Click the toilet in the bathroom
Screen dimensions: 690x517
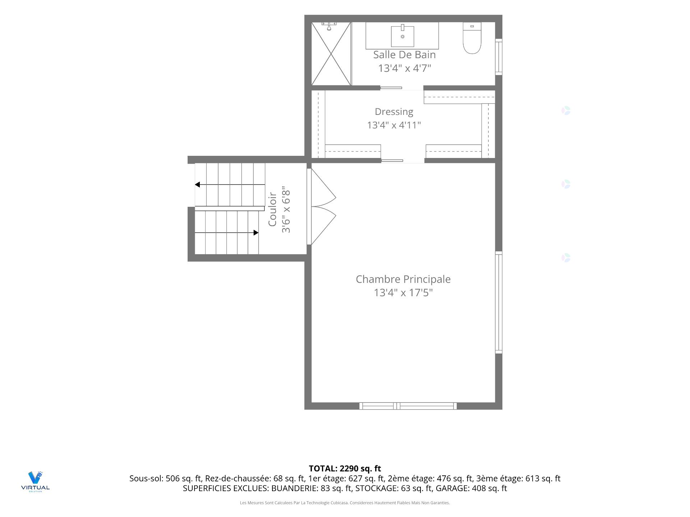pyautogui.click(x=472, y=38)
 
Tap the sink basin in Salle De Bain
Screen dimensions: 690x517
pyautogui.click(x=402, y=36)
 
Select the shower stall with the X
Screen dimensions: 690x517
pyautogui.click(x=331, y=54)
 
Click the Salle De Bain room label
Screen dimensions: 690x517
pyautogui.click(x=404, y=55)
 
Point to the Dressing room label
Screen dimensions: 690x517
pyautogui.click(x=394, y=112)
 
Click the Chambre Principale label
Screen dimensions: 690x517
pyautogui.click(x=403, y=279)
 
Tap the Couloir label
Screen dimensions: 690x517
pyautogui.click(x=272, y=209)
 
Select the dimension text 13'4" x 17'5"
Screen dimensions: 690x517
pyautogui.click(x=403, y=293)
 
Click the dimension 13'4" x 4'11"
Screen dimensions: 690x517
pyautogui.click(x=394, y=125)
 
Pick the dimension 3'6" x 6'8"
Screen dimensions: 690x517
pyautogui.click(x=286, y=209)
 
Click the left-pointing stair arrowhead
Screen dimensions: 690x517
pyautogui.click(x=197, y=185)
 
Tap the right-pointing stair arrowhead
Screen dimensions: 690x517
pyautogui.click(x=256, y=233)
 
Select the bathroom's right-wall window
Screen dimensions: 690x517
pyautogui.click(x=498, y=57)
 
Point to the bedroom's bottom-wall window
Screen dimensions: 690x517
pyautogui.click(x=408, y=406)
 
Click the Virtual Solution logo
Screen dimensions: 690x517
pyautogui.click(x=35, y=481)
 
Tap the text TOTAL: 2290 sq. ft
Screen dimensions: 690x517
pyautogui.click(x=345, y=469)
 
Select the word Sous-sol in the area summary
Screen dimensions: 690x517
pyautogui.click(x=146, y=479)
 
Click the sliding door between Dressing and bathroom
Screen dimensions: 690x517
pyautogui.click(x=391, y=88)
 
